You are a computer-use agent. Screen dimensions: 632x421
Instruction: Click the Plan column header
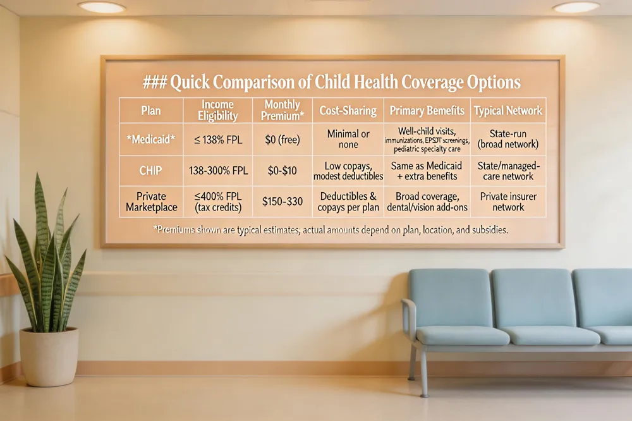[x=151, y=111]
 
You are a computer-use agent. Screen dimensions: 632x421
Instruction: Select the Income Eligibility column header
[x=217, y=110]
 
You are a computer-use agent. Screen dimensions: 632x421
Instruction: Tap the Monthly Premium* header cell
[x=282, y=110]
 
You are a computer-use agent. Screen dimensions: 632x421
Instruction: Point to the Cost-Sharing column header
[x=348, y=111]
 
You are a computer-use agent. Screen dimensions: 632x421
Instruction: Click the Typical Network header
[x=508, y=111]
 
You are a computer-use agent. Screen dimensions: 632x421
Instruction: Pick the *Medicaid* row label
[x=151, y=140]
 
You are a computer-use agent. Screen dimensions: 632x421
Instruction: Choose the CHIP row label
[x=150, y=171]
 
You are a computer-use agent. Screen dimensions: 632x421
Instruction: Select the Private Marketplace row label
[x=151, y=202]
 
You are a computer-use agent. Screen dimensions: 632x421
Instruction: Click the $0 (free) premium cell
[x=282, y=140]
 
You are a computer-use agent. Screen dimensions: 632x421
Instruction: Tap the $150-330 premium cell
[x=282, y=201]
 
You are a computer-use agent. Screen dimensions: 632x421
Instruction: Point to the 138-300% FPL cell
[x=218, y=171]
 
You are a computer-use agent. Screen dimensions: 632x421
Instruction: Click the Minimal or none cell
[x=348, y=139]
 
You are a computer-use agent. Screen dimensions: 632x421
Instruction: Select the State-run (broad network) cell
[x=508, y=139]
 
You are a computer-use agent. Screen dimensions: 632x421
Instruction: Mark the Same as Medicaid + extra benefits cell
[x=427, y=171]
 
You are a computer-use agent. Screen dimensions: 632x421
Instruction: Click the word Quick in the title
[x=190, y=82]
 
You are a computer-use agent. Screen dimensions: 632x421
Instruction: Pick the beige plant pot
[x=49, y=357]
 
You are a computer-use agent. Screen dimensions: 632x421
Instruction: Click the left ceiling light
[x=102, y=6]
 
